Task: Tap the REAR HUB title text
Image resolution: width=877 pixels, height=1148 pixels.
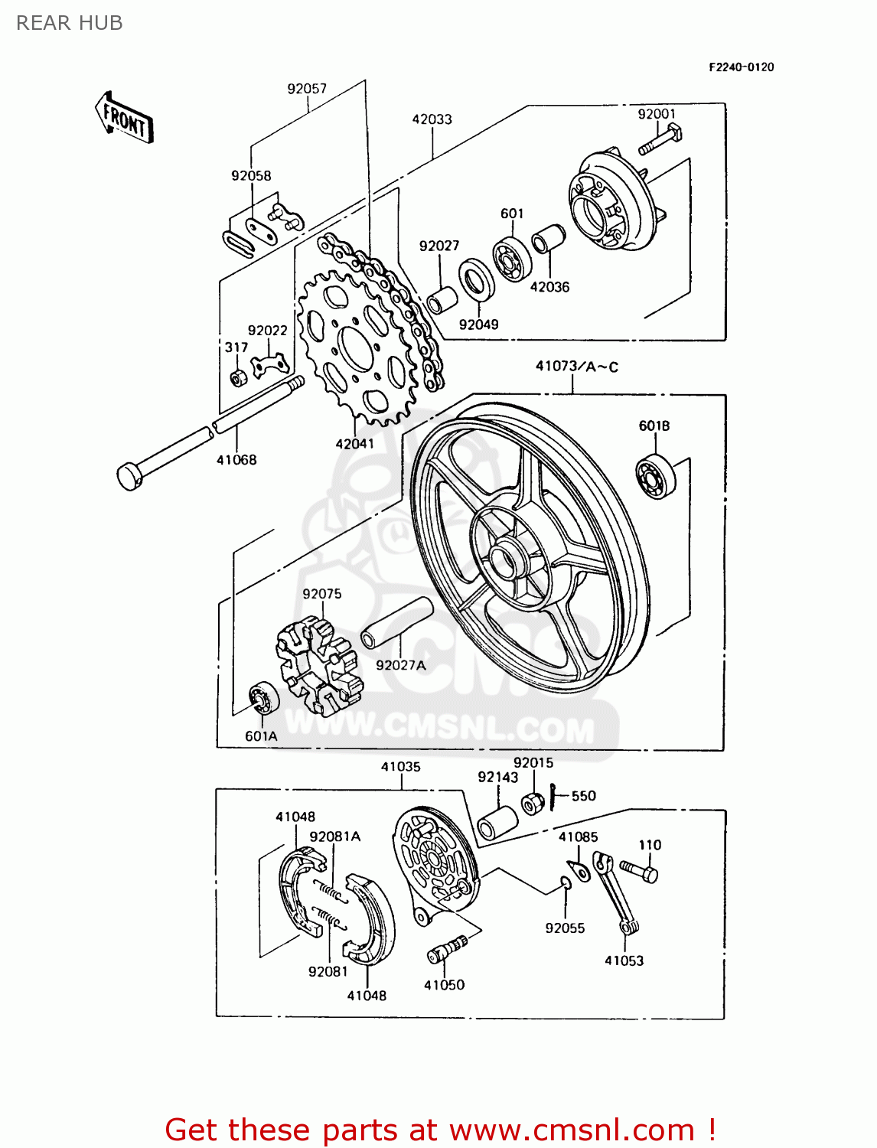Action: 70,23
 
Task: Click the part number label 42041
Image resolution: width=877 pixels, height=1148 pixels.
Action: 355,444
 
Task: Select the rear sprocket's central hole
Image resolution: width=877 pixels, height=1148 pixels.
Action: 355,349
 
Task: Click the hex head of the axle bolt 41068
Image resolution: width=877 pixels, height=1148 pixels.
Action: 129,476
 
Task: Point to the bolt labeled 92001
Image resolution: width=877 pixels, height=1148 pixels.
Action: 657,141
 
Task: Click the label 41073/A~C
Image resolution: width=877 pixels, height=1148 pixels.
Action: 576,367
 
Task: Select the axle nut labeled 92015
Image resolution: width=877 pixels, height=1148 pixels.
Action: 533,804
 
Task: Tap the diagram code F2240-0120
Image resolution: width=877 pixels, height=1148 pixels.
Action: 740,67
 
